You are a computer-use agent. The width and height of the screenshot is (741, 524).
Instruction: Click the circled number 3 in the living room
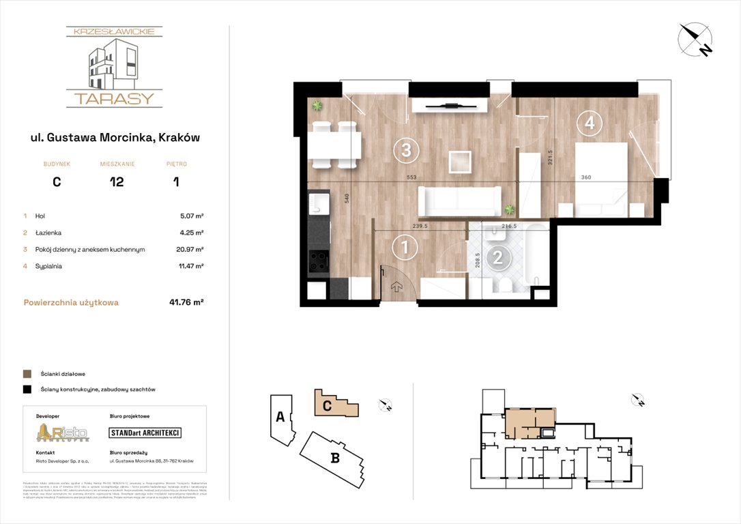[405, 149]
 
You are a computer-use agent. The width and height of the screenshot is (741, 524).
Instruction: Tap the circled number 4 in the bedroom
[589, 123]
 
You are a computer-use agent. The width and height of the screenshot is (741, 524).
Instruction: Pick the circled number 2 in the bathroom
[499, 257]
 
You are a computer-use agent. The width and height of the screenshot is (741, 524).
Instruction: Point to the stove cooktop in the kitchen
[318, 261]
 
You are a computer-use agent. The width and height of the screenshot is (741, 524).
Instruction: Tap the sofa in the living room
[459, 201]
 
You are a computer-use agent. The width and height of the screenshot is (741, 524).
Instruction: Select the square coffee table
[460, 162]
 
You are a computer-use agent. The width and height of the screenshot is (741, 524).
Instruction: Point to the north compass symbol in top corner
[695, 40]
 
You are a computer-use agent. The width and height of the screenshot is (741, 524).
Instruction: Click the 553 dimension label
[411, 177]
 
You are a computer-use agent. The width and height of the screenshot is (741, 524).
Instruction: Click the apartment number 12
[117, 182]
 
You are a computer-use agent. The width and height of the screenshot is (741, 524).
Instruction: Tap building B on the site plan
[334, 458]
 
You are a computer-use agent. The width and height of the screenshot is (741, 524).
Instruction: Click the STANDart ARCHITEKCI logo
[145, 433]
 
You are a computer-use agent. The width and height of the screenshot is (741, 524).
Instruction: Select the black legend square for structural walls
[27, 390]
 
